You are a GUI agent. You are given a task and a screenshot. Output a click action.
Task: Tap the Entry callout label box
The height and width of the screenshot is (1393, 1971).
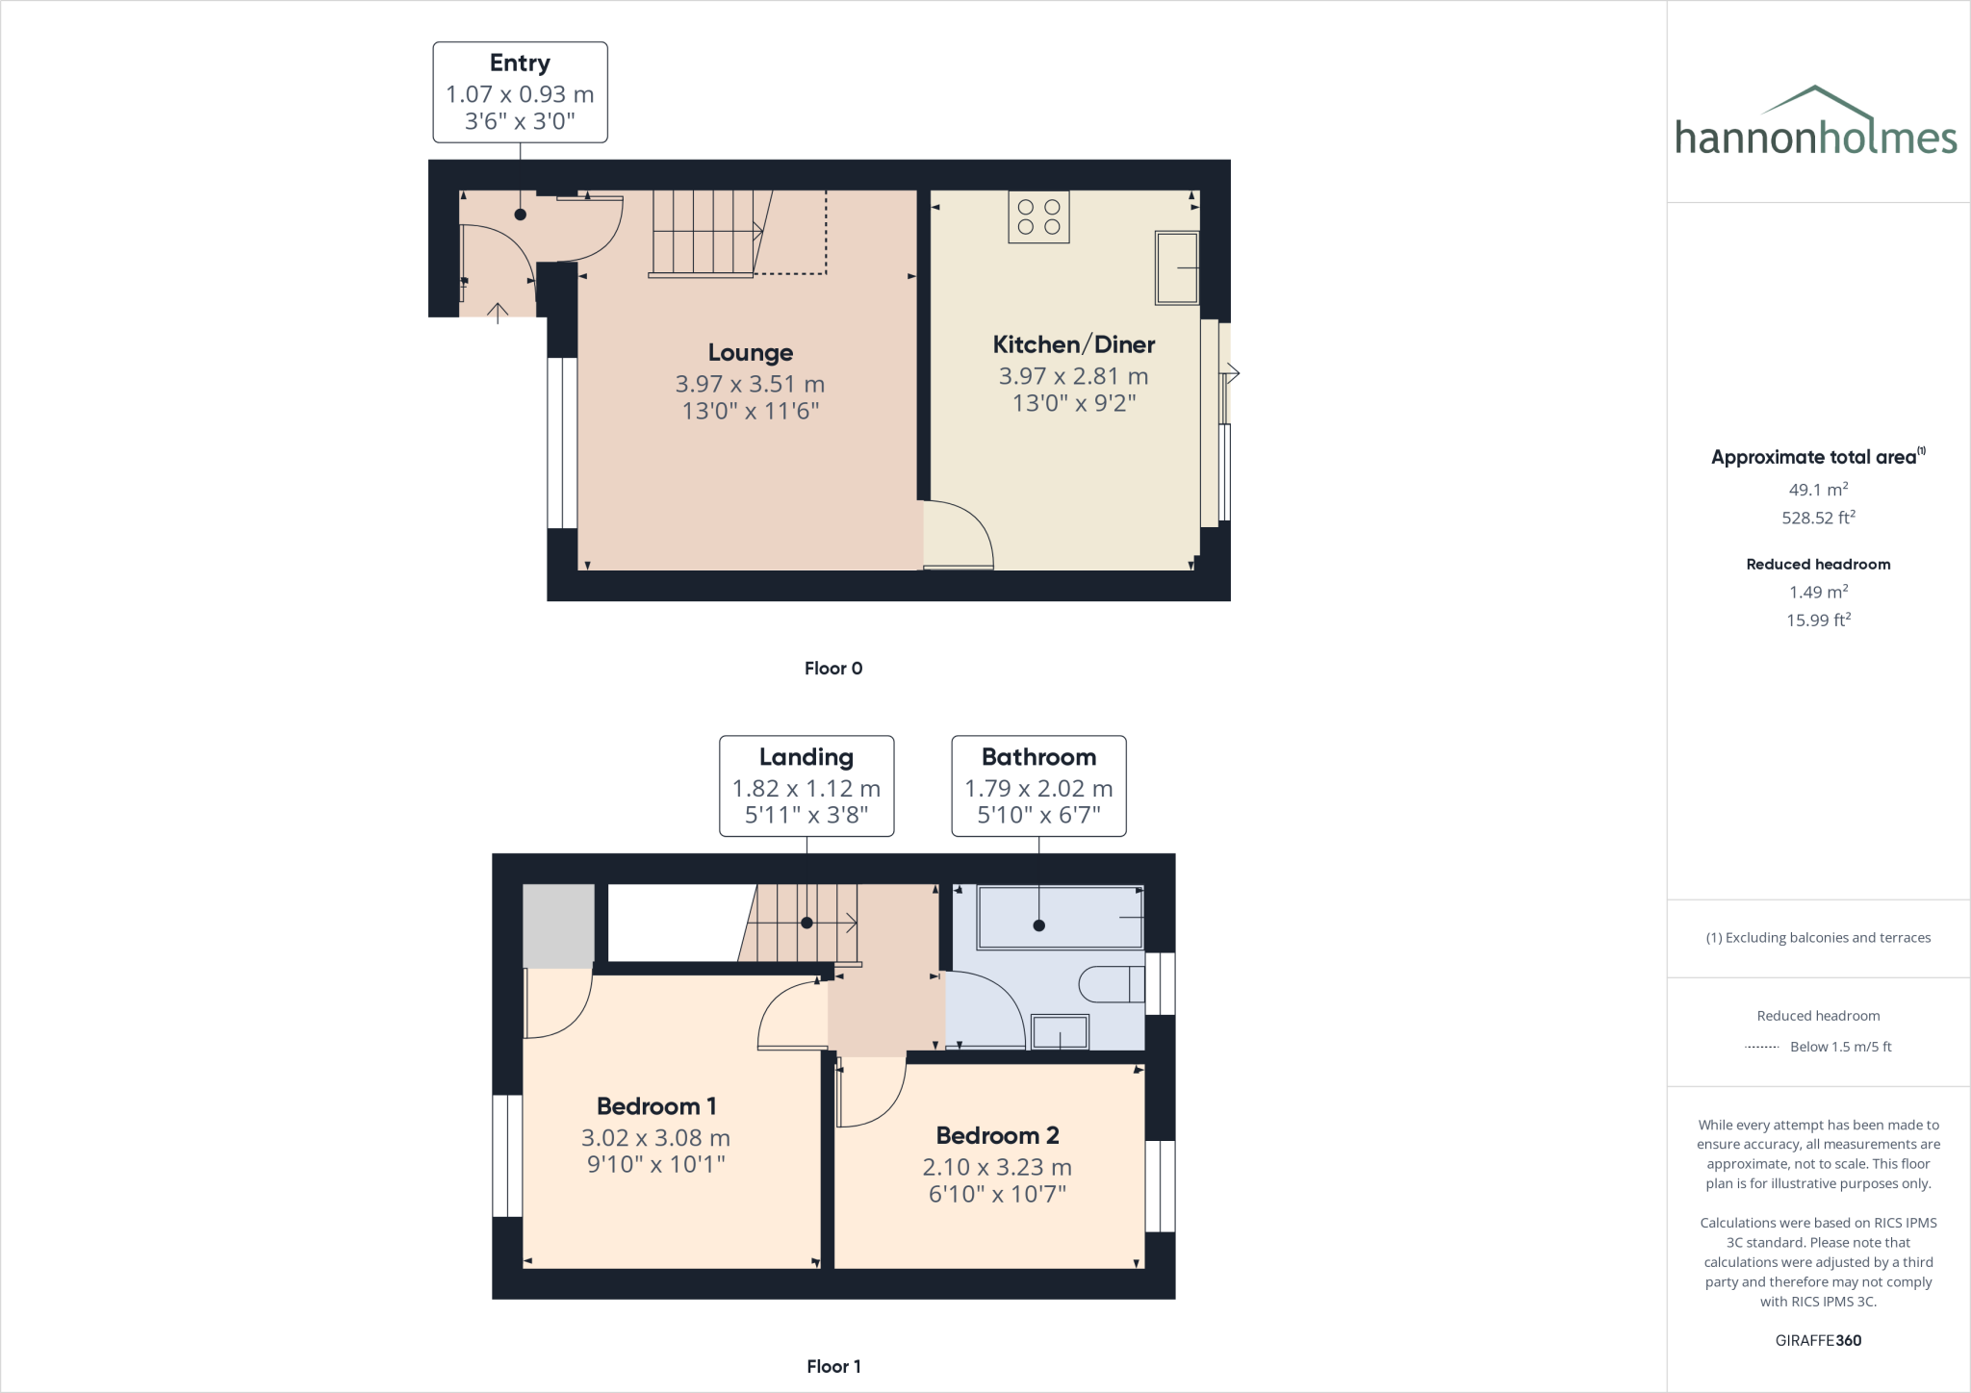(x=520, y=92)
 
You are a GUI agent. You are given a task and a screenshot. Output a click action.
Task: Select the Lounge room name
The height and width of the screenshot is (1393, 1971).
(x=751, y=353)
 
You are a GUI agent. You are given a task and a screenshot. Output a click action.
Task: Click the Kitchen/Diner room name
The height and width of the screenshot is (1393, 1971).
(x=1074, y=344)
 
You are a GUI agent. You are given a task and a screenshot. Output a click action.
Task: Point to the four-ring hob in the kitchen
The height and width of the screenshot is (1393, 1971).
(x=1038, y=216)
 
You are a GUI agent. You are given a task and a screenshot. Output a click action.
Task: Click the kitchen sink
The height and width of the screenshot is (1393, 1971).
(x=1176, y=267)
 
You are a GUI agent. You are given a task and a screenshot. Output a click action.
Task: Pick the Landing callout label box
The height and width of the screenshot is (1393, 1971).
(x=806, y=786)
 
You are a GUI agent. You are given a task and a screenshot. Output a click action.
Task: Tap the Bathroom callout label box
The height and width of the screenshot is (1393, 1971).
(x=1038, y=786)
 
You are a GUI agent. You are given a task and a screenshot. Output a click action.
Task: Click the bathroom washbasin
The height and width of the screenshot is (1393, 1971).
(x=1060, y=1032)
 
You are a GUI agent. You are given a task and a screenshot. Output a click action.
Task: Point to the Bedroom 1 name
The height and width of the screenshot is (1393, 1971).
(x=656, y=1106)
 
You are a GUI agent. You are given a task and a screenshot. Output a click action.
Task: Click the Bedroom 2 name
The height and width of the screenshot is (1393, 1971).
(x=997, y=1136)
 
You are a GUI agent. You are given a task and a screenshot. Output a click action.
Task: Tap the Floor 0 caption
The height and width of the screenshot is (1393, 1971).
(x=833, y=669)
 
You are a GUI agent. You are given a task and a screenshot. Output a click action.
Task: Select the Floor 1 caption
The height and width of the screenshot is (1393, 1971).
(x=833, y=1366)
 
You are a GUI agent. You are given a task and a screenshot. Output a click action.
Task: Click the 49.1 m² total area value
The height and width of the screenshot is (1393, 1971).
(x=1818, y=489)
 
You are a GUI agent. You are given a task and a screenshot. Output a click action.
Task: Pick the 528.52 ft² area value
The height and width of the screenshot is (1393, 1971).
(x=1818, y=517)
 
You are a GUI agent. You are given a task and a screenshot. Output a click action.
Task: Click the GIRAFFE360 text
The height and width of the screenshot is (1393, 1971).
(x=1818, y=1340)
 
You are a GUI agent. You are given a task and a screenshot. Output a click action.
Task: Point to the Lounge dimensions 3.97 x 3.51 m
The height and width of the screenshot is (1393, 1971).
(x=750, y=384)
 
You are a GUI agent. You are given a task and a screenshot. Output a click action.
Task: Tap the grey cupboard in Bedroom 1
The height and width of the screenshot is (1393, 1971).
(x=558, y=925)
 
